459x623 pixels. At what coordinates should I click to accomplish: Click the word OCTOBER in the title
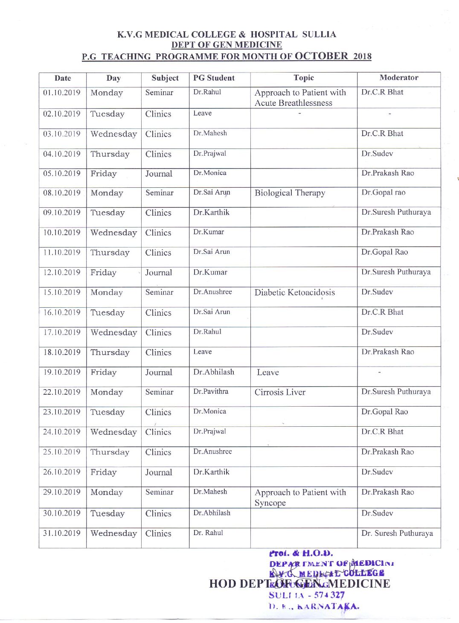tap(321, 56)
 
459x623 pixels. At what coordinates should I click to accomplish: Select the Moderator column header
tap(399, 78)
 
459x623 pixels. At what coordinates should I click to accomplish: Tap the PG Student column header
tap(214, 78)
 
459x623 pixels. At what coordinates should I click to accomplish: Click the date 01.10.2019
tap(62, 93)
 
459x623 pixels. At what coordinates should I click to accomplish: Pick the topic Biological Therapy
tap(290, 193)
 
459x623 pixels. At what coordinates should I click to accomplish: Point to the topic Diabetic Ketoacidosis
tap(294, 292)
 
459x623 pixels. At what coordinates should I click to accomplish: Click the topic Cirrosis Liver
tap(280, 392)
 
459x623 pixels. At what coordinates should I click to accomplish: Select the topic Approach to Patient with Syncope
tap(300, 497)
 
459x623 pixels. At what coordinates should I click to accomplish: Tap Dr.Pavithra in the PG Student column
tap(211, 391)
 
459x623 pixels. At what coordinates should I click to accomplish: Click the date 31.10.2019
tap(62, 533)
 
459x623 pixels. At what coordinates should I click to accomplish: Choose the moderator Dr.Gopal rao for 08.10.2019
tap(383, 192)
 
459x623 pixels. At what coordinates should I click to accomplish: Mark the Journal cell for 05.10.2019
tap(159, 174)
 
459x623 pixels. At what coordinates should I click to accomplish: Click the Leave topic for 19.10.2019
tap(268, 373)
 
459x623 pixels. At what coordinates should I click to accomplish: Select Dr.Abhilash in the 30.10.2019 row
tap(212, 513)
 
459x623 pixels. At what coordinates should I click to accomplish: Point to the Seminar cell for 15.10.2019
tap(159, 292)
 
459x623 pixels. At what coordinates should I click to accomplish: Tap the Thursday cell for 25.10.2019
tap(110, 452)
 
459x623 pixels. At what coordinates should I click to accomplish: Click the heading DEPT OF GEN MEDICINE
tap(227, 45)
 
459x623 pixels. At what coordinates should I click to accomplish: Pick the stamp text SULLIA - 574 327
tap(306, 595)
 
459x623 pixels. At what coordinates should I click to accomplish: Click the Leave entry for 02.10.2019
tap(202, 113)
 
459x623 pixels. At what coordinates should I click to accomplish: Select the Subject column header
tap(165, 78)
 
